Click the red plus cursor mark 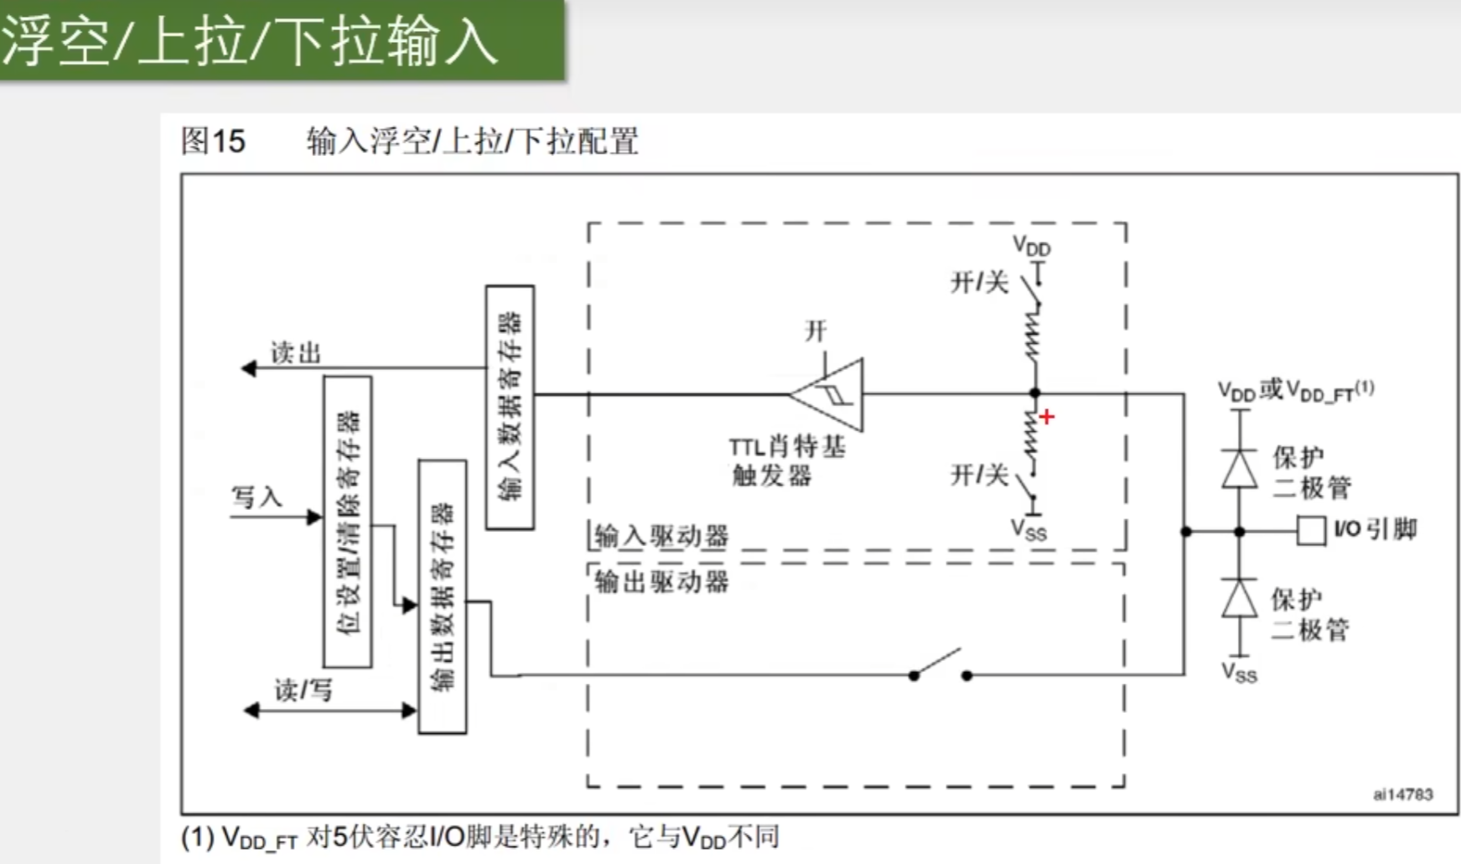click(x=1047, y=417)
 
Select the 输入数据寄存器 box click(x=510, y=407)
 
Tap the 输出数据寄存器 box click(x=443, y=596)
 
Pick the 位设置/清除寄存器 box click(x=348, y=522)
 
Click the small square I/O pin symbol click(x=1310, y=531)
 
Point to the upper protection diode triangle click(x=1240, y=468)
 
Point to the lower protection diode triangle click(x=1240, y=598)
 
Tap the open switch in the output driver click(x=940, y=665)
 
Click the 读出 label click(x=295, y=353)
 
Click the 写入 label click(x=256, y=497)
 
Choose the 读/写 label click(x=303, y=690)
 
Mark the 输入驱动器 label click(x=661, y=535)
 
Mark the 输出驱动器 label click(x=661, y=581)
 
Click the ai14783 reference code click(x=1402, y=794)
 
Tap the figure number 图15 click(x=213, y=141)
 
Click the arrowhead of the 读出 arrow click(x=248, y=368)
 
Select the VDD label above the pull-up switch click(x=1031, y=246)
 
